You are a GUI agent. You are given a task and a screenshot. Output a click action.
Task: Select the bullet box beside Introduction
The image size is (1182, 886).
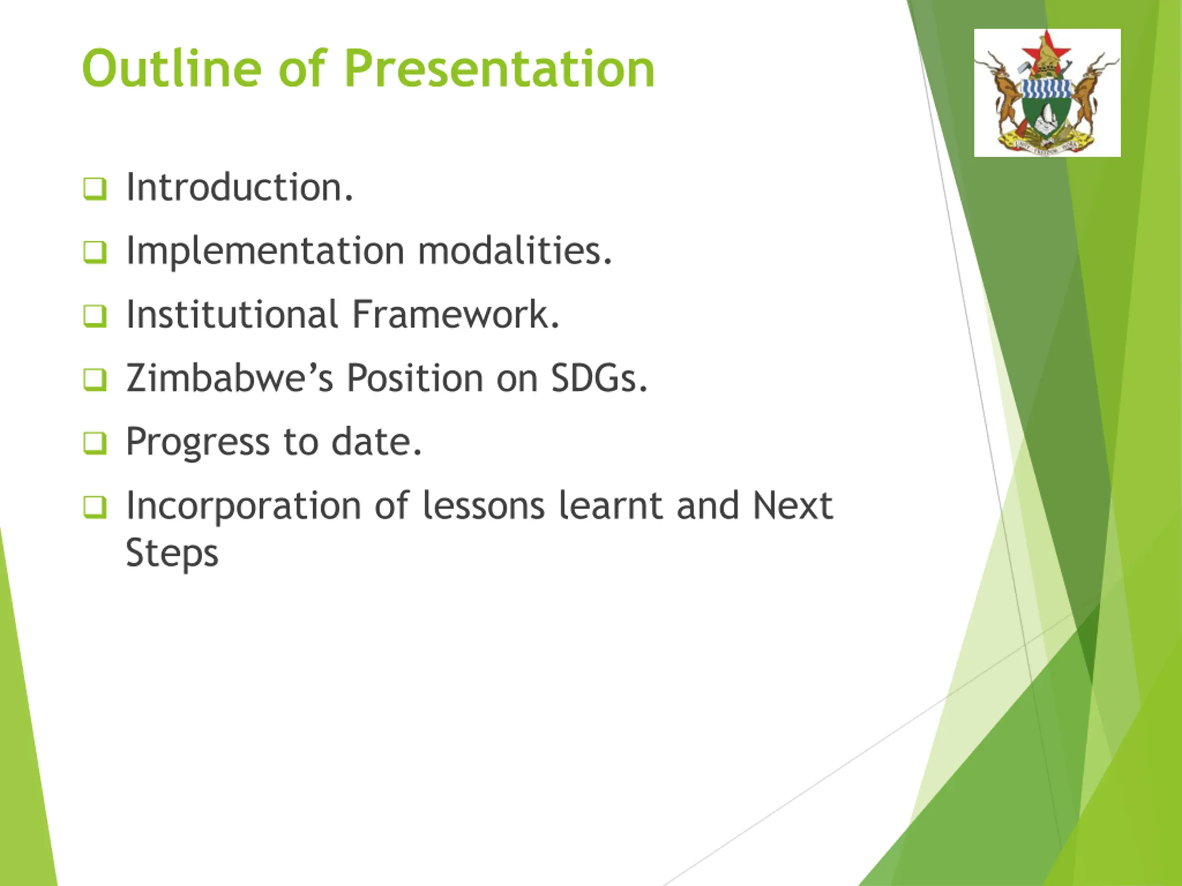pyautogui.click(x=95, y=189)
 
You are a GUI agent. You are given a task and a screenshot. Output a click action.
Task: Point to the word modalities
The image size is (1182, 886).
pyautogui.click(x=515, y=251)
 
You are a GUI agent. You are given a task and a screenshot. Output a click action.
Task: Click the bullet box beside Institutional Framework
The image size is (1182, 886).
pyautogui.click(x=95, y=316)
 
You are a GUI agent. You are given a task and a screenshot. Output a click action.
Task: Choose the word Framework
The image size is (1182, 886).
pyautogui.click(x=456, y=314)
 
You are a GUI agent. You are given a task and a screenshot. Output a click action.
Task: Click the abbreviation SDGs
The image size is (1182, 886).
pyautogui.click(x=599, y=377)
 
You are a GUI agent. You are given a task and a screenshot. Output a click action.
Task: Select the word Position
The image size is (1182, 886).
pyautogui.click(x=415, y=377)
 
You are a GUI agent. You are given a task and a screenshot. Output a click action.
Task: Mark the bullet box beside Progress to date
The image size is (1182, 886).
pyautogui.click(x=95, y=443)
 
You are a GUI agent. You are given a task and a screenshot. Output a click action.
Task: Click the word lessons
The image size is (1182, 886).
pyautogui.click(x=483, y=505)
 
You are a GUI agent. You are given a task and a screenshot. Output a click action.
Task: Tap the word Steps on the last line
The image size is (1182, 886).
pyautogui.click(x=172, y=553)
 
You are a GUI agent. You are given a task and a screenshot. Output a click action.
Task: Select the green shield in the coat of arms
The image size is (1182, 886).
pyautogui.click(x=1046, y=116)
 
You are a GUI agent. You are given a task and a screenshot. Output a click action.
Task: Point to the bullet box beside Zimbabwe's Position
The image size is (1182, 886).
pyautogui.click(x=95, y=379)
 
